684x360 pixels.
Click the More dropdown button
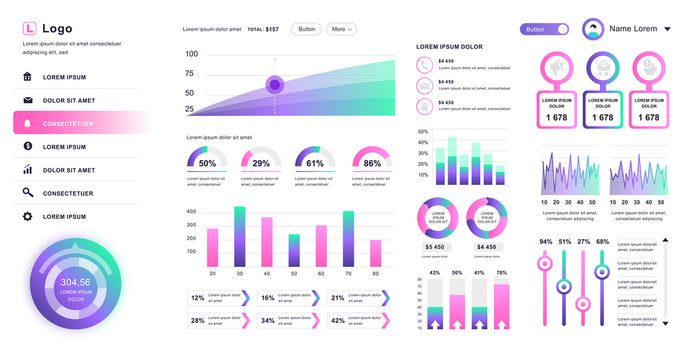point(341,29)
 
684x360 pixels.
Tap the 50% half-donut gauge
point(207,157)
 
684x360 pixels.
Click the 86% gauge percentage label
point(372,163)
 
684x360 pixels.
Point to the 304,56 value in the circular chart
point(75,282)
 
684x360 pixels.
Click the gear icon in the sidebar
point(28,216)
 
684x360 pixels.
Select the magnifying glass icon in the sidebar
point(28,193)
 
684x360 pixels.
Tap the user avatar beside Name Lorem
point(594,29)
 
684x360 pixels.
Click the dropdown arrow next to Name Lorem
point(667,30)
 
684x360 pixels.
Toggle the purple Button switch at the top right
point(544,29)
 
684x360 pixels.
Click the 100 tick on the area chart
point(191,53)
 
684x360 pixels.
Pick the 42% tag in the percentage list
point(338,320)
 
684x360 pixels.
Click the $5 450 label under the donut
point(437,247)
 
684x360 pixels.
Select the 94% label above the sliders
point(545,241)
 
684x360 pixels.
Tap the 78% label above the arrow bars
point(501,273)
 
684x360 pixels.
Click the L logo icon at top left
point(28,29)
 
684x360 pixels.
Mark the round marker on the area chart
point(276,85)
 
